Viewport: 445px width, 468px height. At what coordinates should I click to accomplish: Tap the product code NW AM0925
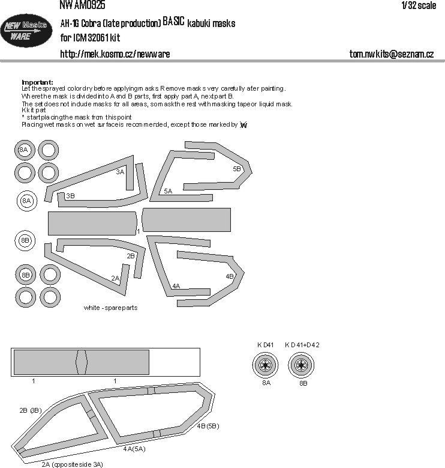82,5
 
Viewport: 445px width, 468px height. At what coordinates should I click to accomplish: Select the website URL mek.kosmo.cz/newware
115,54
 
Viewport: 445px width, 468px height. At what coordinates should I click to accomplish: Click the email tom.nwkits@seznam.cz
391,54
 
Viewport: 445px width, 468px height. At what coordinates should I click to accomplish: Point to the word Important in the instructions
37,82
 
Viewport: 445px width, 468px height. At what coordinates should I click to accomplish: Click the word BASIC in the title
174,23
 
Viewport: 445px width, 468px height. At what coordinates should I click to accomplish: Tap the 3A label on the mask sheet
120,172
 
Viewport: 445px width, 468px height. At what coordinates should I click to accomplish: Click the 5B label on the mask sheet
236,169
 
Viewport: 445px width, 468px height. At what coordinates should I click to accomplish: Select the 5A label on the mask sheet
168,190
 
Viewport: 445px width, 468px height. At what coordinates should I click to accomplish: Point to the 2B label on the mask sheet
130,256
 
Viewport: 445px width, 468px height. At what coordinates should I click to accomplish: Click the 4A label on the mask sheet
176,286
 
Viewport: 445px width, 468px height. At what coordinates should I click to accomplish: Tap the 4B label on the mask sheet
230,276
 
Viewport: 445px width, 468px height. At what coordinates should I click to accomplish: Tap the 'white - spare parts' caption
111,308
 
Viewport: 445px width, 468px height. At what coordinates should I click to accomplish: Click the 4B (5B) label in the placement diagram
208,426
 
